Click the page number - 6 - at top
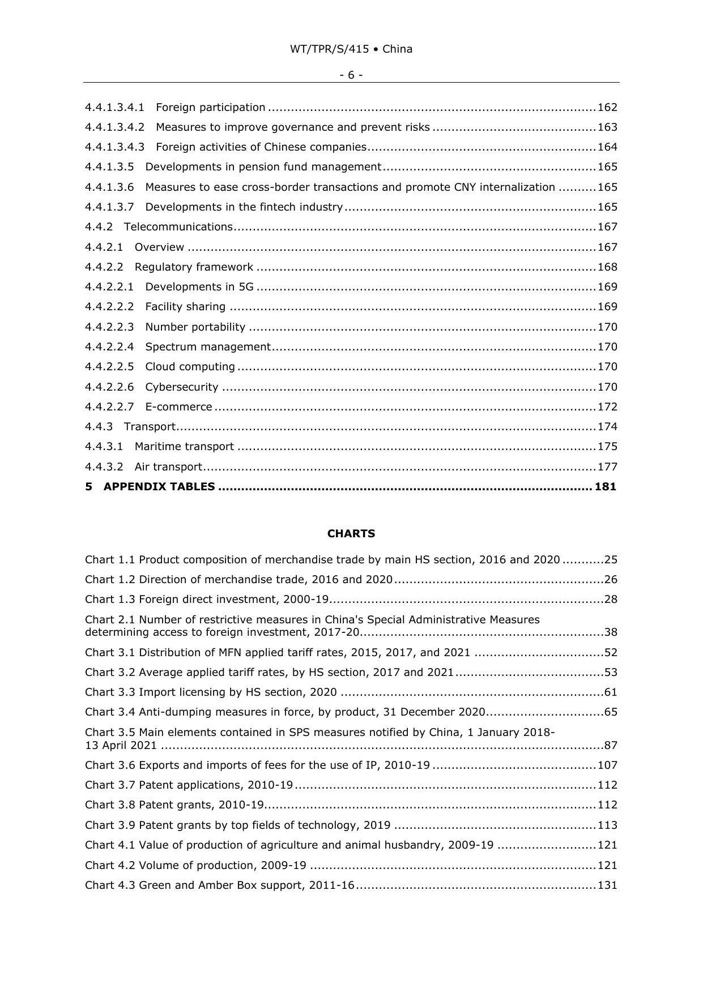351,75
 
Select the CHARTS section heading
351,534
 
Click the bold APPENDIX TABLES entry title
159,487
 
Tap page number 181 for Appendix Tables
606,487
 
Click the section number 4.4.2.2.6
109,387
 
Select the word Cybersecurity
182,387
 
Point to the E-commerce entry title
178,407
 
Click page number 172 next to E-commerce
607,407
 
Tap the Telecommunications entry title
178,227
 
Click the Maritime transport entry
184,447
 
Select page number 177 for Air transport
607,467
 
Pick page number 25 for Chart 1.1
611,560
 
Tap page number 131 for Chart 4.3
607,885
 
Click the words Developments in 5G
199,287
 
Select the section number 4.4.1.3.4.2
114,127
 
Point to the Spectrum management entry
208,347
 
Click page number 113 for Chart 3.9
607,825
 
